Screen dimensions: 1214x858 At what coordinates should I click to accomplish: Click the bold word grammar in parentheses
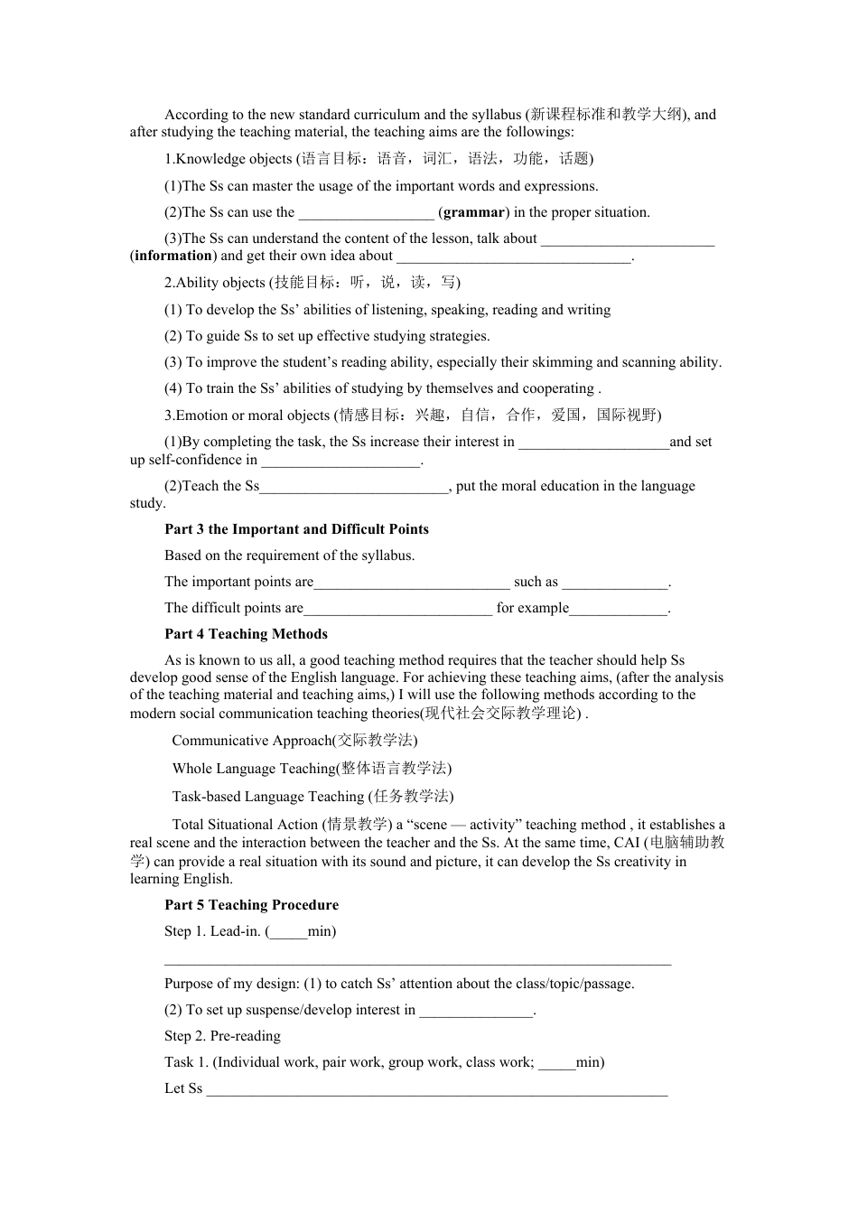coord(473,212)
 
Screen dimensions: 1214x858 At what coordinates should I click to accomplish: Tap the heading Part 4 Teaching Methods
coord(246,634)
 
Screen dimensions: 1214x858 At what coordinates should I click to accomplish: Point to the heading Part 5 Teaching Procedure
coord(251,905)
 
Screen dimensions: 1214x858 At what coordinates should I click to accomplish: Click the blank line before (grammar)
coord(366,214)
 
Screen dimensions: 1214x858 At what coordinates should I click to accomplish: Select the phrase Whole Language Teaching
coord(254,769)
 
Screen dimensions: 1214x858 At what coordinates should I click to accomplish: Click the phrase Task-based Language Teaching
coord(267,797)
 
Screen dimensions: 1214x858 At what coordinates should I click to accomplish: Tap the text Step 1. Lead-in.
coord(213,931)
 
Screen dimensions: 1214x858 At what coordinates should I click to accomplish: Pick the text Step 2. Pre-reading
coord(222,1036)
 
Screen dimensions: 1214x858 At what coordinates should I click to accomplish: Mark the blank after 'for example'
coord(619,611)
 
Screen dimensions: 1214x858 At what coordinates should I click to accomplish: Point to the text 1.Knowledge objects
coord(228,159)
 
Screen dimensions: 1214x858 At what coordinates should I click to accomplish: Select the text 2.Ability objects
coord(215,283)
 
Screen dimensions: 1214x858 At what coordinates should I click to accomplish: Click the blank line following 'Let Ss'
coord(437,1091)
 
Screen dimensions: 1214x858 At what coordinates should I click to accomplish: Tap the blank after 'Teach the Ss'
coord(354,489)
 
